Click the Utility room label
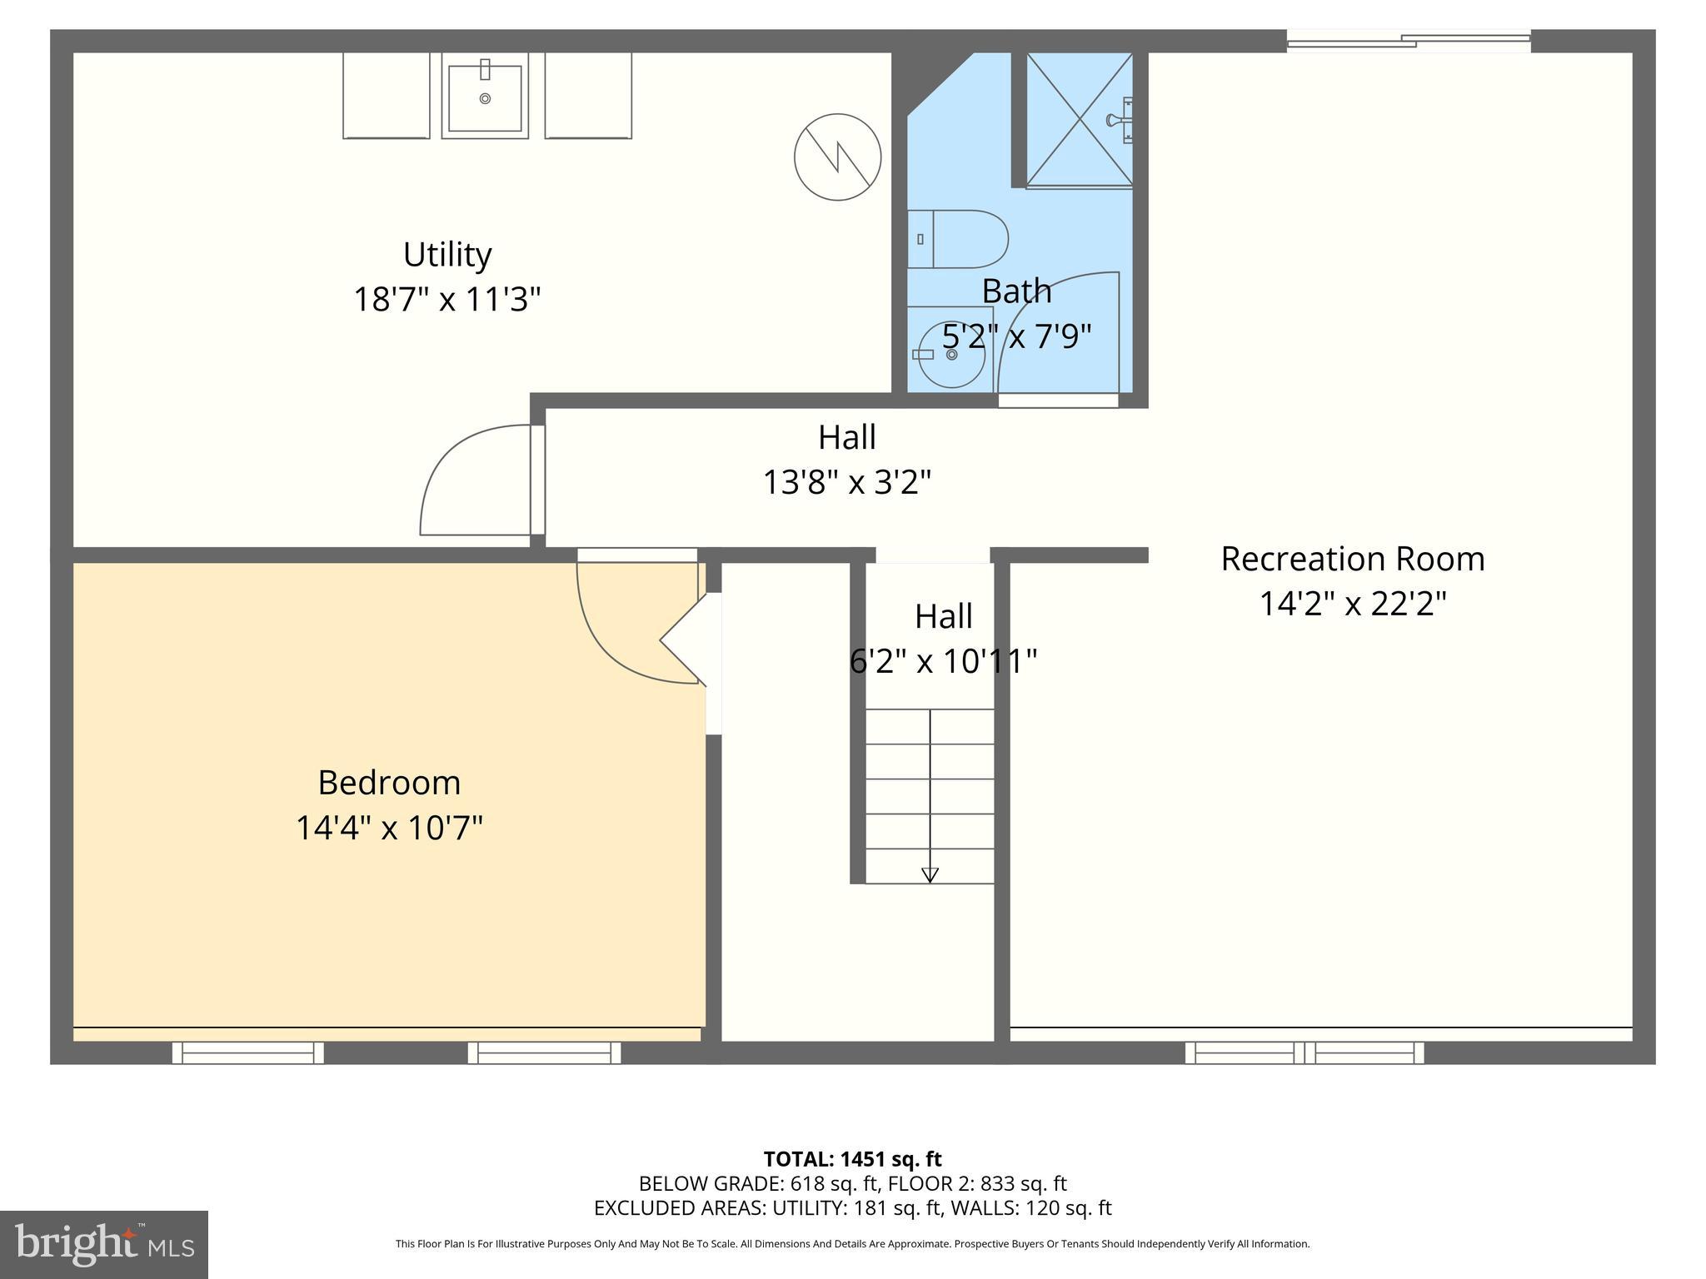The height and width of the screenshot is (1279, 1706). pos(447,255)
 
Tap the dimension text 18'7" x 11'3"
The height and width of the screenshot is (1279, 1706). pos(447,299)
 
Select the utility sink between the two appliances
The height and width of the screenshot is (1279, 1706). pos(485,97)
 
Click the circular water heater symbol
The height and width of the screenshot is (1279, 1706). pos(837,157)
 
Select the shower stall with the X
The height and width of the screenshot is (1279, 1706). pos(1079,119)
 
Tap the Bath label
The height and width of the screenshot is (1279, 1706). pos(1016,291)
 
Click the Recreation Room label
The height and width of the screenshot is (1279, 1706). pos(1352,559)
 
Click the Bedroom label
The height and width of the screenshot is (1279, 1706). pos(389,783)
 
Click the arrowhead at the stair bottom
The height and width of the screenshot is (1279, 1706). pos(930,875)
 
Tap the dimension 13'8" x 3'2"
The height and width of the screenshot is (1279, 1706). pos(846,481)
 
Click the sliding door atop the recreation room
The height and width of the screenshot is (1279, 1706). pos(1408,41)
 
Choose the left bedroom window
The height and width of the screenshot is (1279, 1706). pos(248,1053)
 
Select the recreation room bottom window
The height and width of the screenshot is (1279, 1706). pos(1304,1053)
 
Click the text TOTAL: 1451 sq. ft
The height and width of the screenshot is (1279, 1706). pos(852,1159)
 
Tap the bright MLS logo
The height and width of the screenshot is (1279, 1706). pos(104,1244)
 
